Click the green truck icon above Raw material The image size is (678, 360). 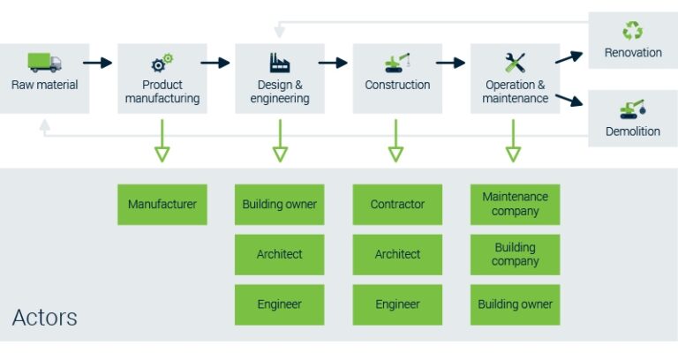pos(44,63)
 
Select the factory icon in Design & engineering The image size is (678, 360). pos(280,63)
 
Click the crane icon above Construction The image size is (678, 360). pos(398,63)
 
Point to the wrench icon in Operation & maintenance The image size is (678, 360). pos(516,63)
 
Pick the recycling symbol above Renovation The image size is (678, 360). pos(633,32)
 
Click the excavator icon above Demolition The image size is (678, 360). pos(633,109)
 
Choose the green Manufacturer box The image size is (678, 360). pos(162,205)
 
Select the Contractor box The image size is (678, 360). pos(397,205)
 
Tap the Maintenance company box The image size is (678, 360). pos(516,205)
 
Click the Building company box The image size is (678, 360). pos(516,255)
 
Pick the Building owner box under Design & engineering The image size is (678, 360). pos(280,205)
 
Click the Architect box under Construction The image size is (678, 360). pos(397,255)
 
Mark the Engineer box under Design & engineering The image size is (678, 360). pos(280,304)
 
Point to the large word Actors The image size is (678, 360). pos(45,318)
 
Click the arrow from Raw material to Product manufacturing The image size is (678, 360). pos(99,63)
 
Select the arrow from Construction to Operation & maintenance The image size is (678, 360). pos(450,63)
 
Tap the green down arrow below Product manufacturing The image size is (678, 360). pos(162,141)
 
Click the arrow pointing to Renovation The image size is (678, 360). pos(569,57)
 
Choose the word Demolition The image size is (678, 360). pos(633,131)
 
